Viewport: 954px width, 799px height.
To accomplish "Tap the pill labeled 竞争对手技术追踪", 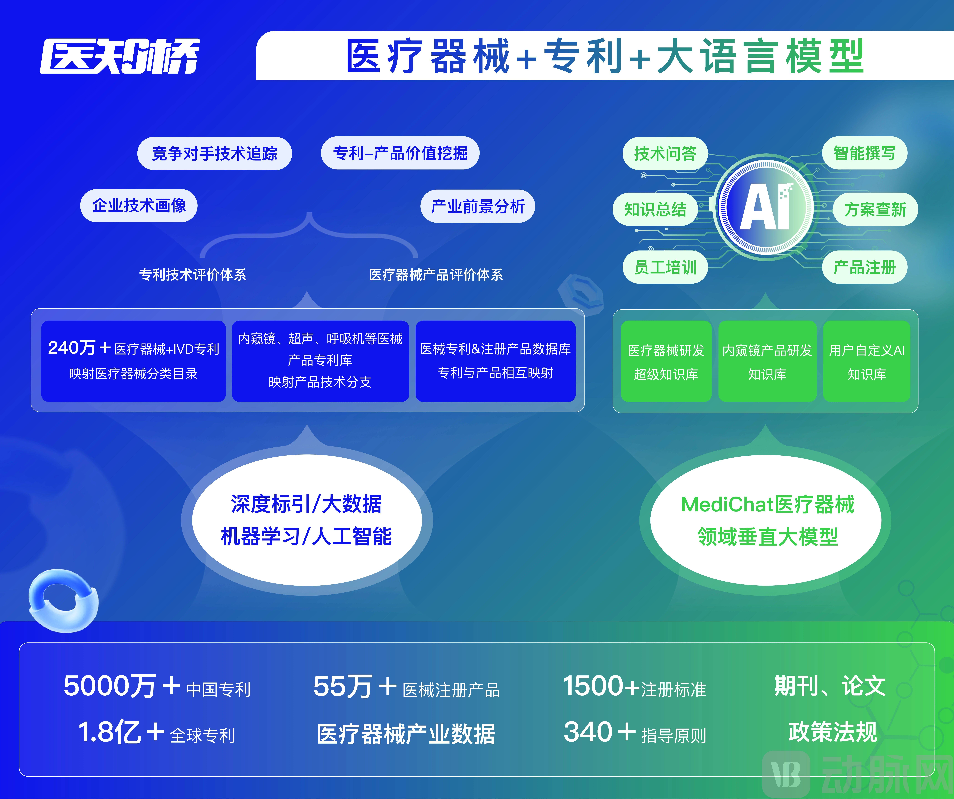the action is pyautogui.click(x=214, y=154).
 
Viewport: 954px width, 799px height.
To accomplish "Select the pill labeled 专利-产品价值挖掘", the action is pyautogui.click(x=400, y=153).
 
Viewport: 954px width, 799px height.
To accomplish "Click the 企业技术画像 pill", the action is pyautogui.click(x=139, y=206).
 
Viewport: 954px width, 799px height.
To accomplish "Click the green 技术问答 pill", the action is pyautogui.click(x=665, y=154).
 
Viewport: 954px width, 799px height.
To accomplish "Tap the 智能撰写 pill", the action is pyautogui.click(x=865, y=153).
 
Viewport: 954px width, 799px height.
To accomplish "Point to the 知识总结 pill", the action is pyautogui.click(x=655, y=209).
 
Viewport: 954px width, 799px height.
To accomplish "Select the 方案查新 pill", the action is pyautogui.click(x=875, y=209).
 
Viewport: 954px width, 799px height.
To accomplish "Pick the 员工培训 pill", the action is pyautogui.click(x=665, y=267).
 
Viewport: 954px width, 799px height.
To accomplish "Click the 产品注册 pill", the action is pyautogui.click(x=865, y=267).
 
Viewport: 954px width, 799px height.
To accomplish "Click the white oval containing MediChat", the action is pyautogui.click(x=766, y=520).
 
